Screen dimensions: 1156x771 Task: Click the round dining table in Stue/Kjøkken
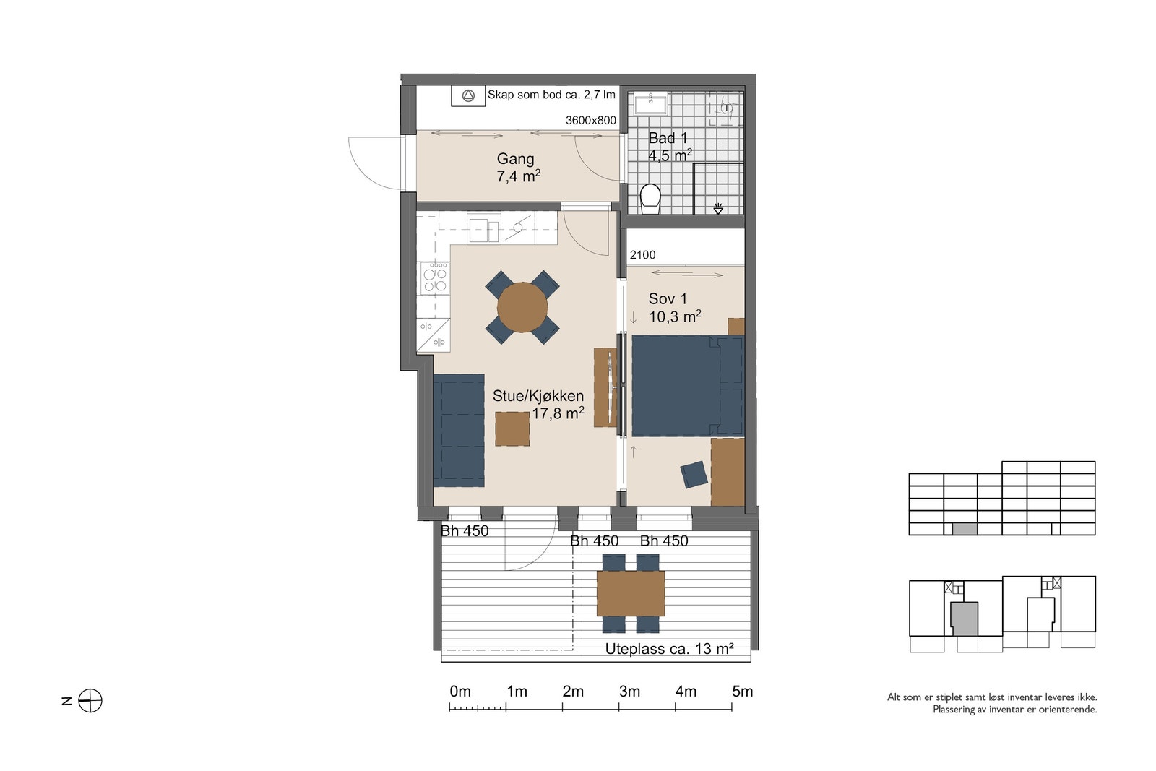522,308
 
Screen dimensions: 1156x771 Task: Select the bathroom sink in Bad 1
650,104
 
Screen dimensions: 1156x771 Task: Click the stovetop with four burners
435,278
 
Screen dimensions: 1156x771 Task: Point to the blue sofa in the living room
459,431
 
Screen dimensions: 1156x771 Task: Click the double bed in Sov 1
688,386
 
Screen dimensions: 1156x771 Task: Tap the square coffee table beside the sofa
512,428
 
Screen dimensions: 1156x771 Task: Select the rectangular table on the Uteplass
631,593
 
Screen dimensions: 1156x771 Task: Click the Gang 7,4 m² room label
518,167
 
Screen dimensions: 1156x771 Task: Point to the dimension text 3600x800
591,120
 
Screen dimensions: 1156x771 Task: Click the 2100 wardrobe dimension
642,255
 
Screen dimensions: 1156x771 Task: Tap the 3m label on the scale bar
629,692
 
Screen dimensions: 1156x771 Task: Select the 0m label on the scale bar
460,692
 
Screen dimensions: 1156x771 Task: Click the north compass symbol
90,701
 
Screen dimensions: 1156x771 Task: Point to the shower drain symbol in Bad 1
718,209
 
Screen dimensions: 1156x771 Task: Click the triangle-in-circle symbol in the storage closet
468,96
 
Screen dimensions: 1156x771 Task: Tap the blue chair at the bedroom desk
694,474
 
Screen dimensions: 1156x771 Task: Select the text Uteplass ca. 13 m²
669,649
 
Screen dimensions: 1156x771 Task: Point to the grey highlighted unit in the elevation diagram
965,529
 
